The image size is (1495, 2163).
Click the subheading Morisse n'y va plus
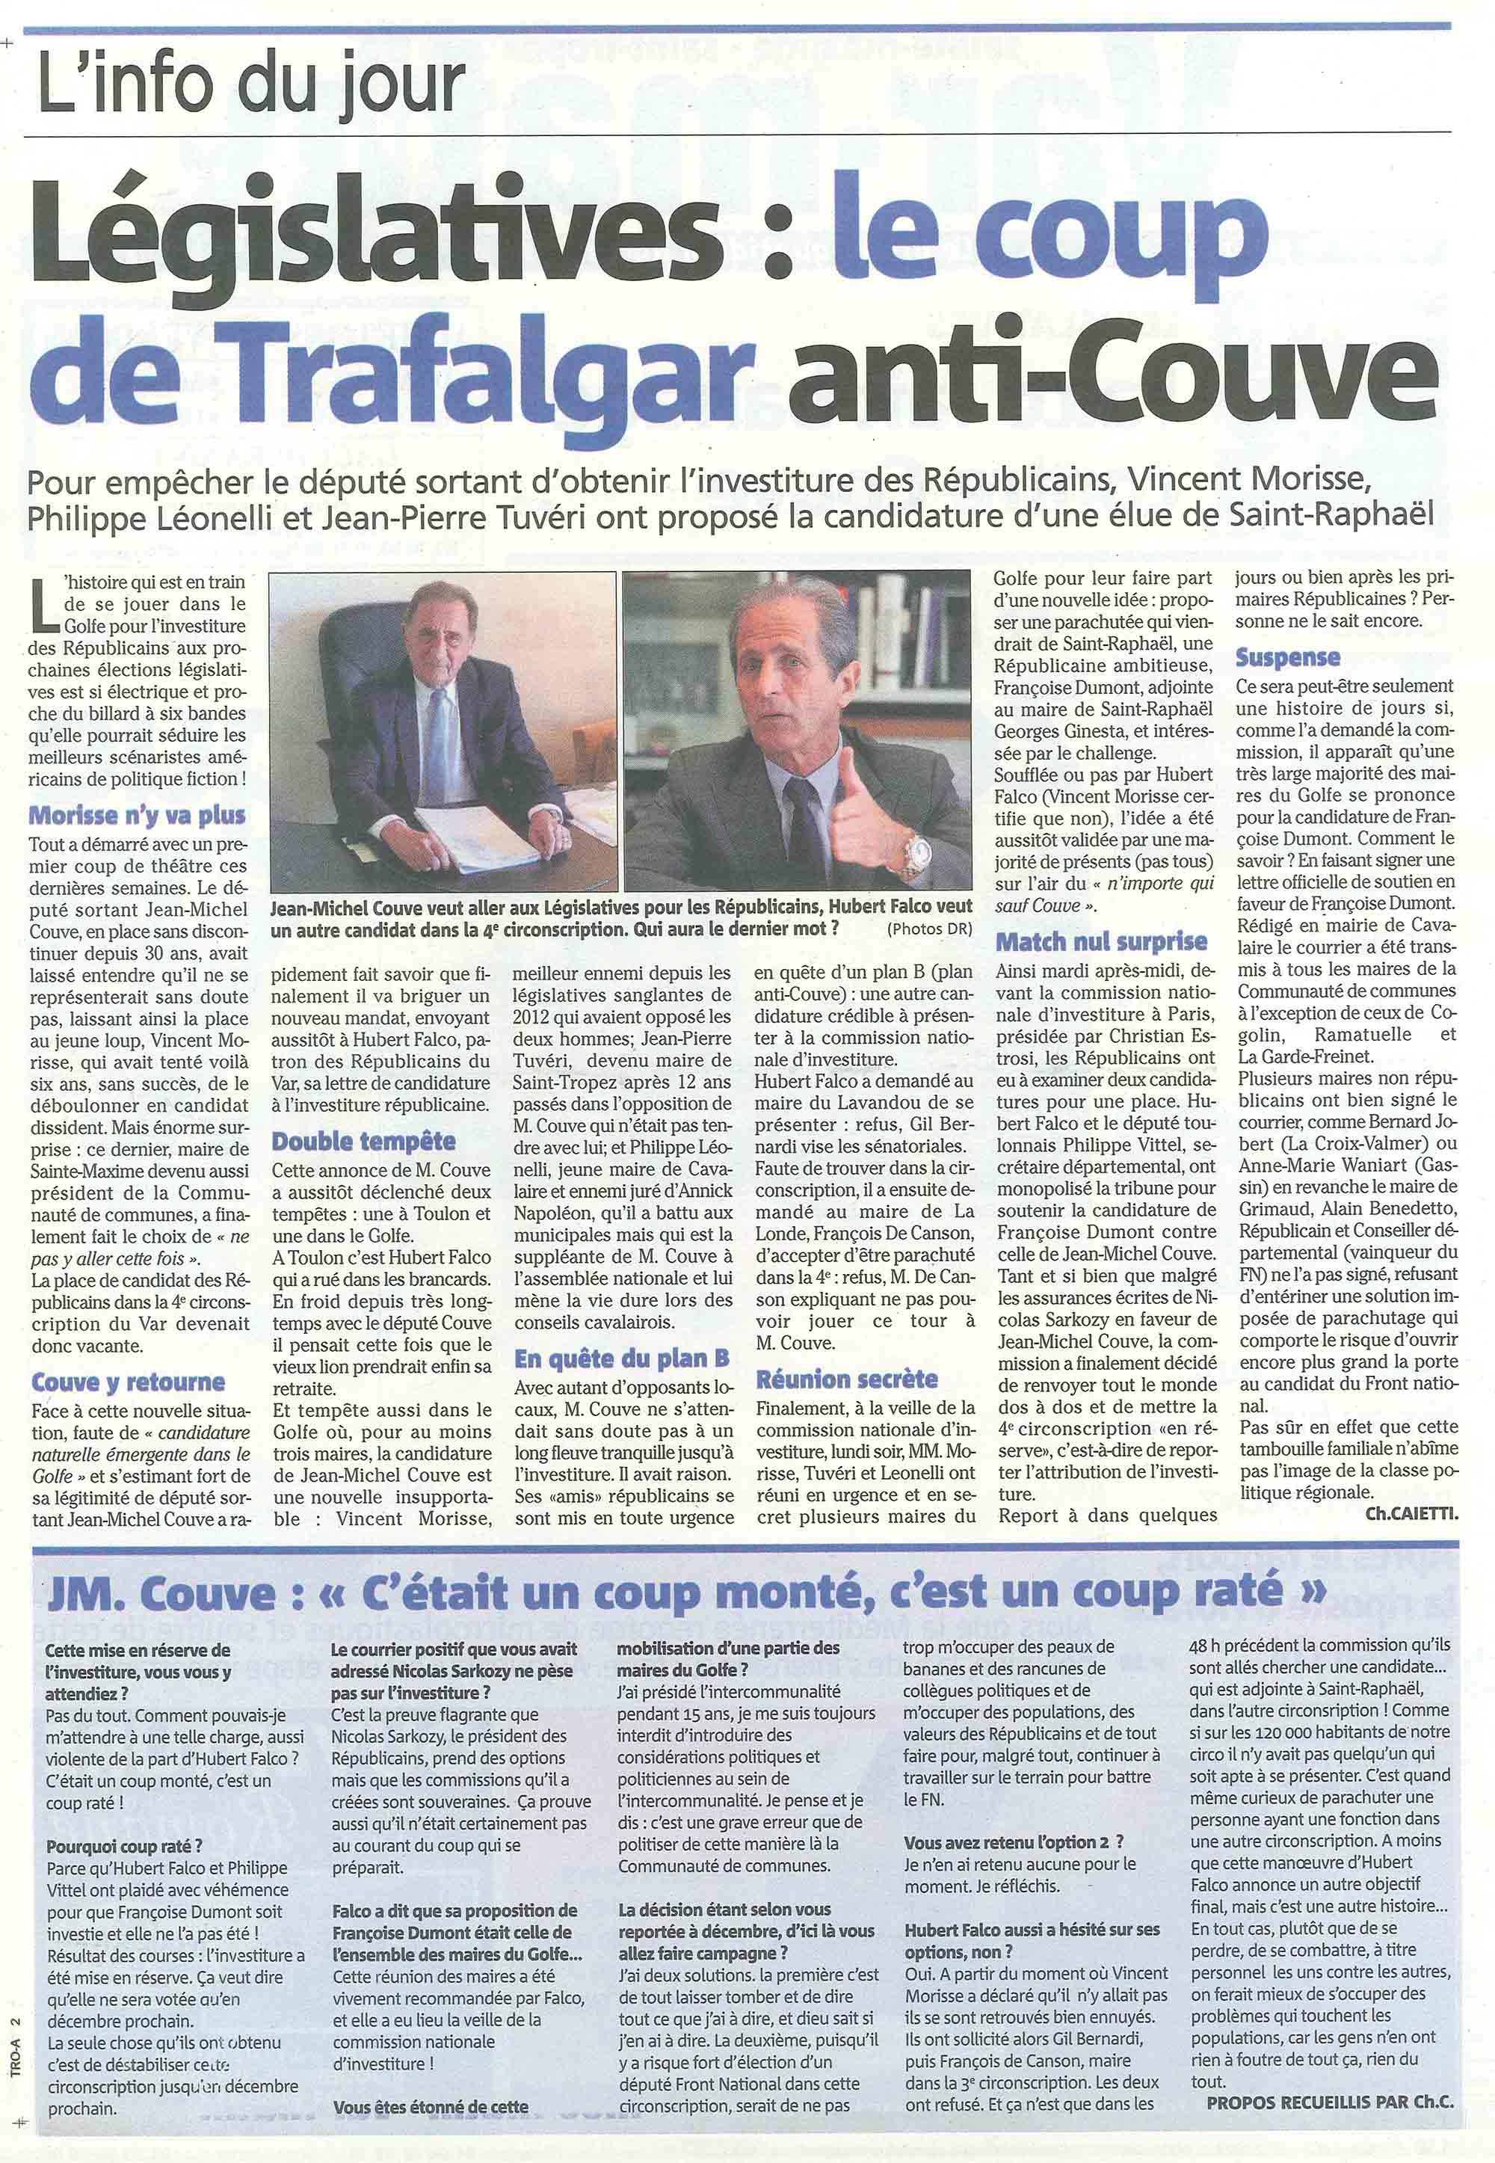point(137,815)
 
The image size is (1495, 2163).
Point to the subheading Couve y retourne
point(129,1382)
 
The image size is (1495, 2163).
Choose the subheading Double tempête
point(363,1141)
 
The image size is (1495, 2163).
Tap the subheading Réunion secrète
point(847,1379)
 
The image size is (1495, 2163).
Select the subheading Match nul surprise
point(1102,941)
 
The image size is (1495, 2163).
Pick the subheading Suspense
point(1288,658)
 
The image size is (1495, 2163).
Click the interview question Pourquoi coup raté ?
point(123,1822)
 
